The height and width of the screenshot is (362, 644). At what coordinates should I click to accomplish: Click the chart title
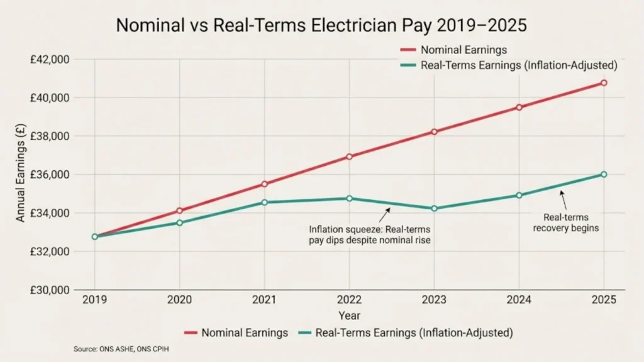321,27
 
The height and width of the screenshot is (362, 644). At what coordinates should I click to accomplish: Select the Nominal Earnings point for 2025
604,82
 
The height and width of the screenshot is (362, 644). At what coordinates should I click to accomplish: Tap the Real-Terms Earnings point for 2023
434,208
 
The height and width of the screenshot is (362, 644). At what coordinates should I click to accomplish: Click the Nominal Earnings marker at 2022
349,156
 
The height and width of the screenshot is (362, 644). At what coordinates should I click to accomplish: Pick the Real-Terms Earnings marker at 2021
264,202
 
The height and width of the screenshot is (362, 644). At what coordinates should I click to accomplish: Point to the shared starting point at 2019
95,236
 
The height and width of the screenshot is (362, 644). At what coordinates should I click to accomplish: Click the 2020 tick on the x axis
179,300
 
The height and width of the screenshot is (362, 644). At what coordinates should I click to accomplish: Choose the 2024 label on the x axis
519,300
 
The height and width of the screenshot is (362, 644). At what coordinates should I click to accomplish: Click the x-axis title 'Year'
349,315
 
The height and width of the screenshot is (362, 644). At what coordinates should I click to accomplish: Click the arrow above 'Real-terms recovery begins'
563,200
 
